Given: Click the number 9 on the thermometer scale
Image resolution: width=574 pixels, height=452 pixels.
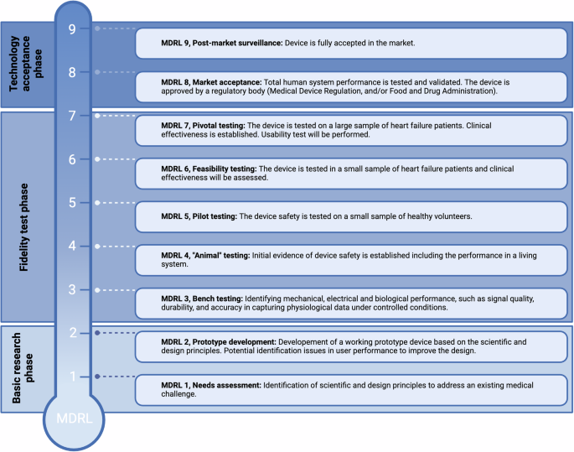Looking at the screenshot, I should click(x=72, y=28).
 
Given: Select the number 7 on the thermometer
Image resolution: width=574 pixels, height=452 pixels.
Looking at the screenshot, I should click(x=72, y=115).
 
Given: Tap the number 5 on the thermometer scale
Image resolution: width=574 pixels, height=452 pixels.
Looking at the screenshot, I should click(x=72, y=202).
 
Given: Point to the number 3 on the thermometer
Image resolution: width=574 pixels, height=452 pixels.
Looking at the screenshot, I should click(x=72, y=289).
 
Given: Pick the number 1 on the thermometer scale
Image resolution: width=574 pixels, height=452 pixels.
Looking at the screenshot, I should click(x=72, y=377).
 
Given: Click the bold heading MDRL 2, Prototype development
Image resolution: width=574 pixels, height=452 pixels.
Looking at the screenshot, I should click(x=220, y=341).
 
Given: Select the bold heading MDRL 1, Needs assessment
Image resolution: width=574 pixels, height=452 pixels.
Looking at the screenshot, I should click(x=210, y=385).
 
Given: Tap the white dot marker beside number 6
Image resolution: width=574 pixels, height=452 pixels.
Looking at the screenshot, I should click(x=98, y=158).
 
